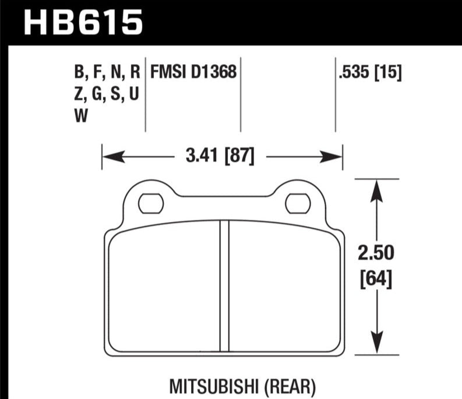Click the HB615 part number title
point(83,22)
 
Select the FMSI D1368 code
point(193,72)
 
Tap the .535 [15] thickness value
point(370,72)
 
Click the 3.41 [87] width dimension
point(220,156)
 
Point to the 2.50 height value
point(376,253)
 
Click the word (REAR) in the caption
point(290,387)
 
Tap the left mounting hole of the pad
point(151,204)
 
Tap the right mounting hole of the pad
point(298,204)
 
